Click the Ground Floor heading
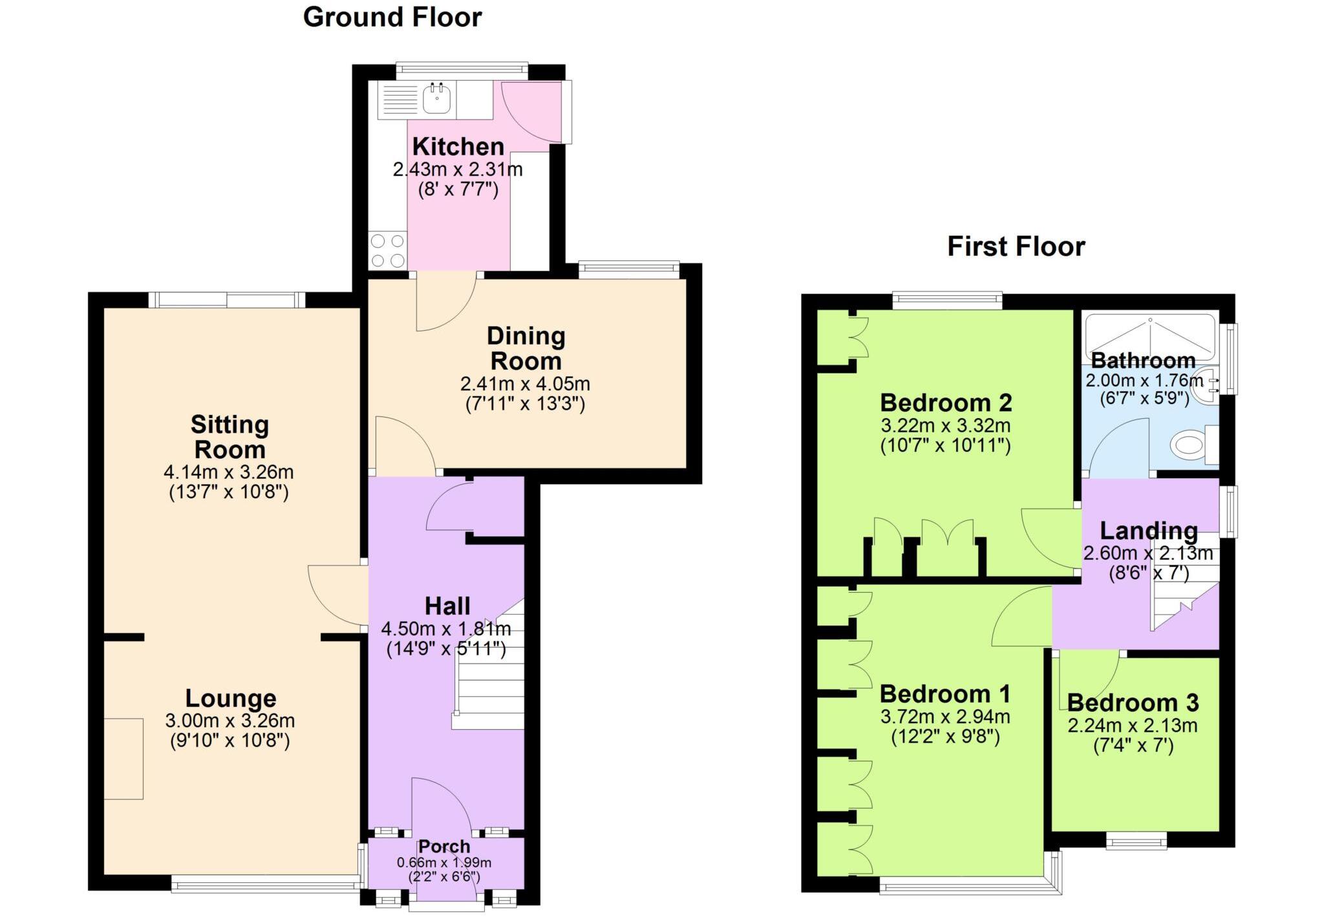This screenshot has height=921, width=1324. (392, 17)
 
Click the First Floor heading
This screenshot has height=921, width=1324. (1016, 247)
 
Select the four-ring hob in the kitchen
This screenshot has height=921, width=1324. (387, 251)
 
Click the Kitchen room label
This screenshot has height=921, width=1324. (458, 147)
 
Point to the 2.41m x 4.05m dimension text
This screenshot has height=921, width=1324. (525, 384)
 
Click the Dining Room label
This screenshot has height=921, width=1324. (526, 348)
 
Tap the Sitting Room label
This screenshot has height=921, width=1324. (230, 437)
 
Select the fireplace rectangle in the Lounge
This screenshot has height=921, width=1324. (123, 758)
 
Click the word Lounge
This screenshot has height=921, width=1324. (231, 699)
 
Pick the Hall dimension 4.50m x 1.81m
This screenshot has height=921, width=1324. (446, 628)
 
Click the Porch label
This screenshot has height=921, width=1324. (444, 847)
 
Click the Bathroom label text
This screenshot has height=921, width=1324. (1143, 360)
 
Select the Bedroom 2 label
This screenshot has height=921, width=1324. (946, 403)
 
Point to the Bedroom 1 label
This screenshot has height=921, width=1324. (945, 694)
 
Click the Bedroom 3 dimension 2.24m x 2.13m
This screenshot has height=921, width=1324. (1132, 725)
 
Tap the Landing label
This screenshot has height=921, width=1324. (1148, 531)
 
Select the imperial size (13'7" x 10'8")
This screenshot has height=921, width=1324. (229, 492)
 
